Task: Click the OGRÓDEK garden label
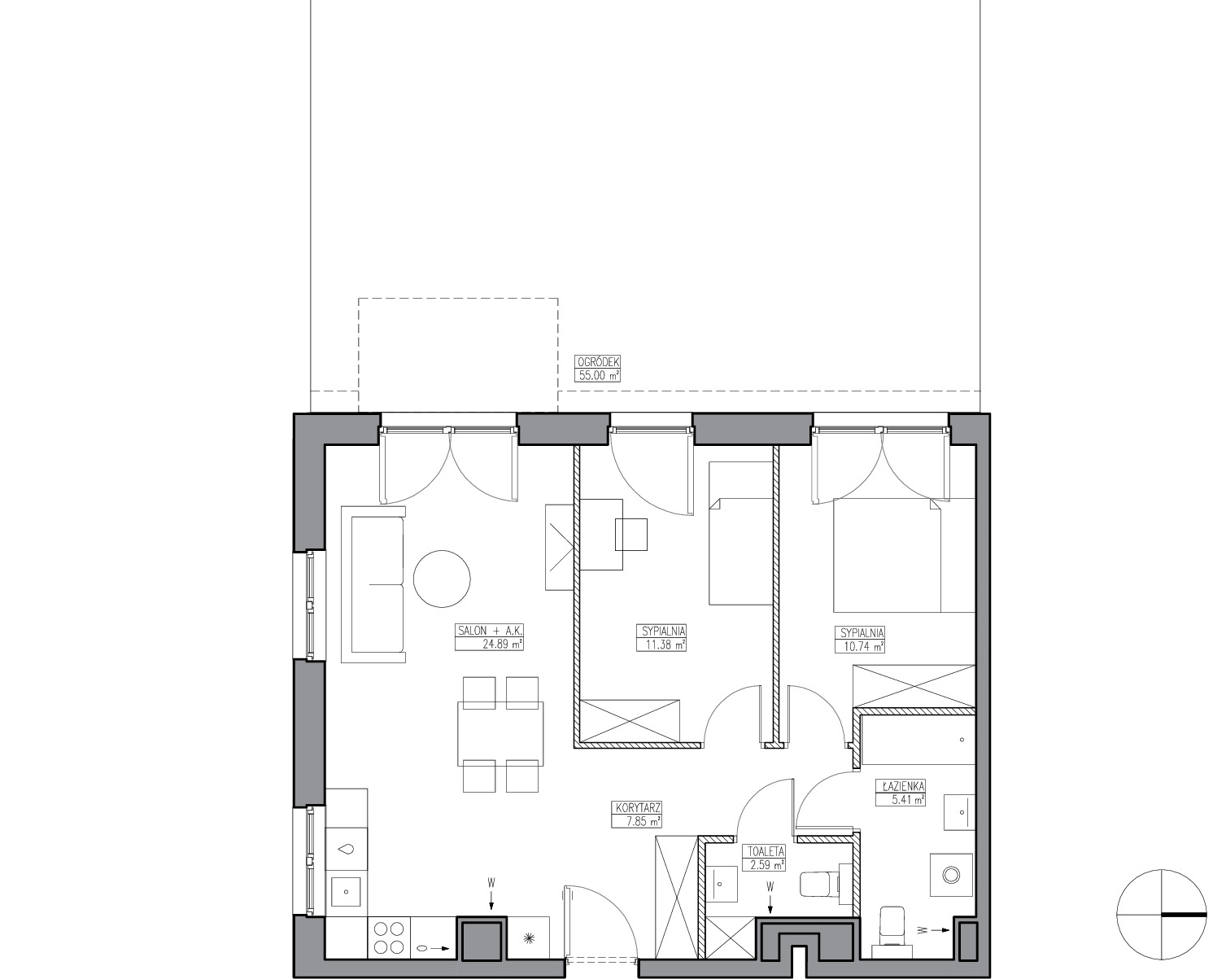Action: (598, 362)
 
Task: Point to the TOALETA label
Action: (764, 851)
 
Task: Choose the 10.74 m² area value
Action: (860, 646)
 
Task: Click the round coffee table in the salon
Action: (442, 579)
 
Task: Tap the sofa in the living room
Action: (373, 584)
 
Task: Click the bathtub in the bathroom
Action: (918, 741)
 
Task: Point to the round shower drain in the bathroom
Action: (951, 874)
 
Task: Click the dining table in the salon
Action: (500, 733)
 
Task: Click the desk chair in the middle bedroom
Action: (630, 534)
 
